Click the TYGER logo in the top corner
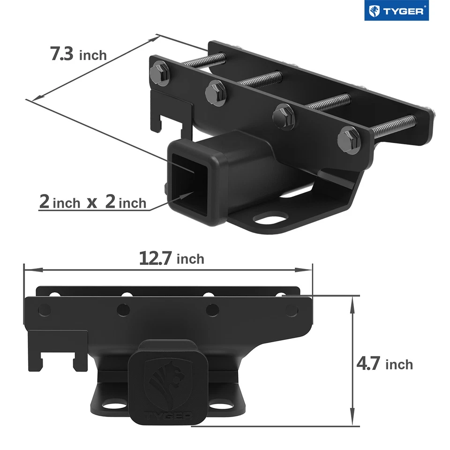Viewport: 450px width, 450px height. click(397, 12)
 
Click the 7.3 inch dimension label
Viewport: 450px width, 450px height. click(78, 54)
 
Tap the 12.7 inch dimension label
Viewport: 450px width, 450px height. click(171, 258)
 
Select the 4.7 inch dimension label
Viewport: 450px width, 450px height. click(384, 364)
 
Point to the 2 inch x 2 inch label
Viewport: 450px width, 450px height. click(92, 202)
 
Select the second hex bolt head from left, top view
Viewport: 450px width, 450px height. click(216, 91)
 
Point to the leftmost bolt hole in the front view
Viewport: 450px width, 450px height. click(44, 309)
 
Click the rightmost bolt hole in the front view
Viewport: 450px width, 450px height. click(291, 310)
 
